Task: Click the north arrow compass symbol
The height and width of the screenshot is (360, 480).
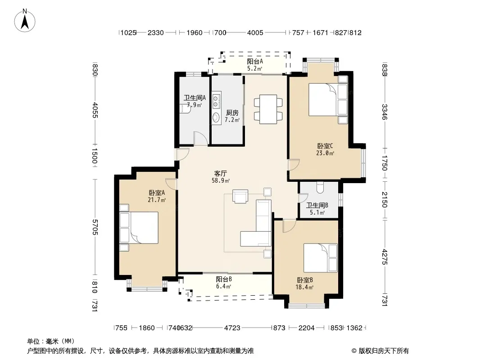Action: tap(25, 21)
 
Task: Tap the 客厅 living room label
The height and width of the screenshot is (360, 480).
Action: tap(220, 173)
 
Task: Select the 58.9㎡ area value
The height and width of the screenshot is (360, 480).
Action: tap(221, 180)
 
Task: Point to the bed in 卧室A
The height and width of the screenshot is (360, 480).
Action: tap(140, 227)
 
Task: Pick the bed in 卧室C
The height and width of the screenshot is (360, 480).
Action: tap(328, 99)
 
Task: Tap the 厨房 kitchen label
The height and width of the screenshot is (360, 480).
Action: tap(232, 113)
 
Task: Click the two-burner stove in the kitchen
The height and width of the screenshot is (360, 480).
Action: tap(217, 101)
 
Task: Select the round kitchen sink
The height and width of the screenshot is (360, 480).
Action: tap(216, 117)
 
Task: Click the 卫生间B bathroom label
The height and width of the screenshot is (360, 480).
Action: tap(317, 205)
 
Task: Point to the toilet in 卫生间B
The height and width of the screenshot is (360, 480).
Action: tap(320, 187)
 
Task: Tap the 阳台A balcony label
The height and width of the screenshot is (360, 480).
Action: tap(255, 61)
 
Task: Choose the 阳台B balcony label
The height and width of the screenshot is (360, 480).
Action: tap(223, 279)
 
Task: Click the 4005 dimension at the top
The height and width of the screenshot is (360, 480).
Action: tap(255, 33)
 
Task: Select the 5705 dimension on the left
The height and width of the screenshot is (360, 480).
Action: tap(95, 227)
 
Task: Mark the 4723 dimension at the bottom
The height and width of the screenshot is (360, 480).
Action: tap(232, 328)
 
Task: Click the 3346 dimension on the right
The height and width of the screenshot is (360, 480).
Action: tap(385, 112)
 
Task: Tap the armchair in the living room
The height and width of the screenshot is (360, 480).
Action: tap(240, 196)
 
